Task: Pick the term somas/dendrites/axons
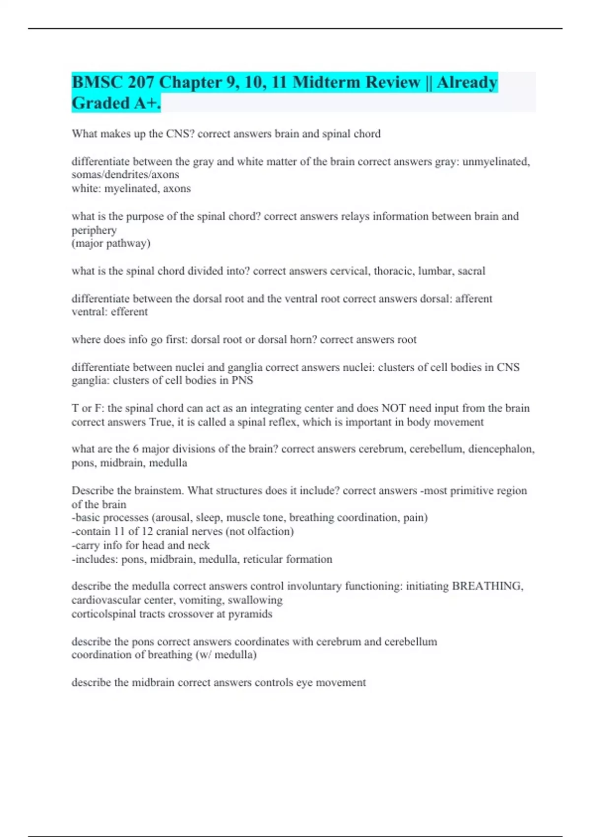(125, 175)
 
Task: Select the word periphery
(94, 230)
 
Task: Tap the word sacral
(471, 271)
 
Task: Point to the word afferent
(473, 298)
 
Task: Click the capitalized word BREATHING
(487, 586)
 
